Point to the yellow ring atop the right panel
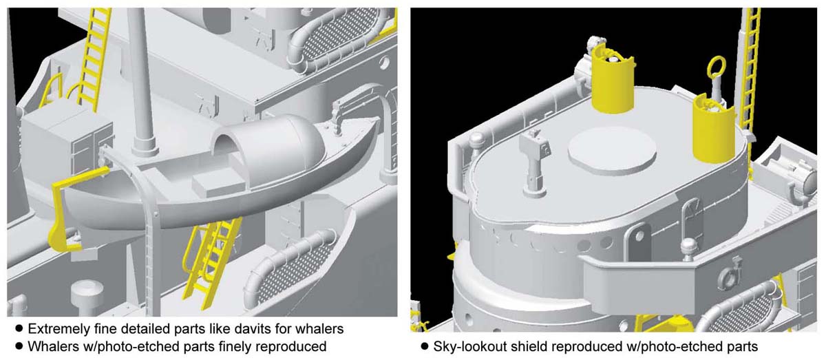[x=716, y=66]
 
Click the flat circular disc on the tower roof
[x=612, y=151]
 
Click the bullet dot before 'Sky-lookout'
[x=425, y=347]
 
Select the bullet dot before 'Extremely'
[x=19, y=328]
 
